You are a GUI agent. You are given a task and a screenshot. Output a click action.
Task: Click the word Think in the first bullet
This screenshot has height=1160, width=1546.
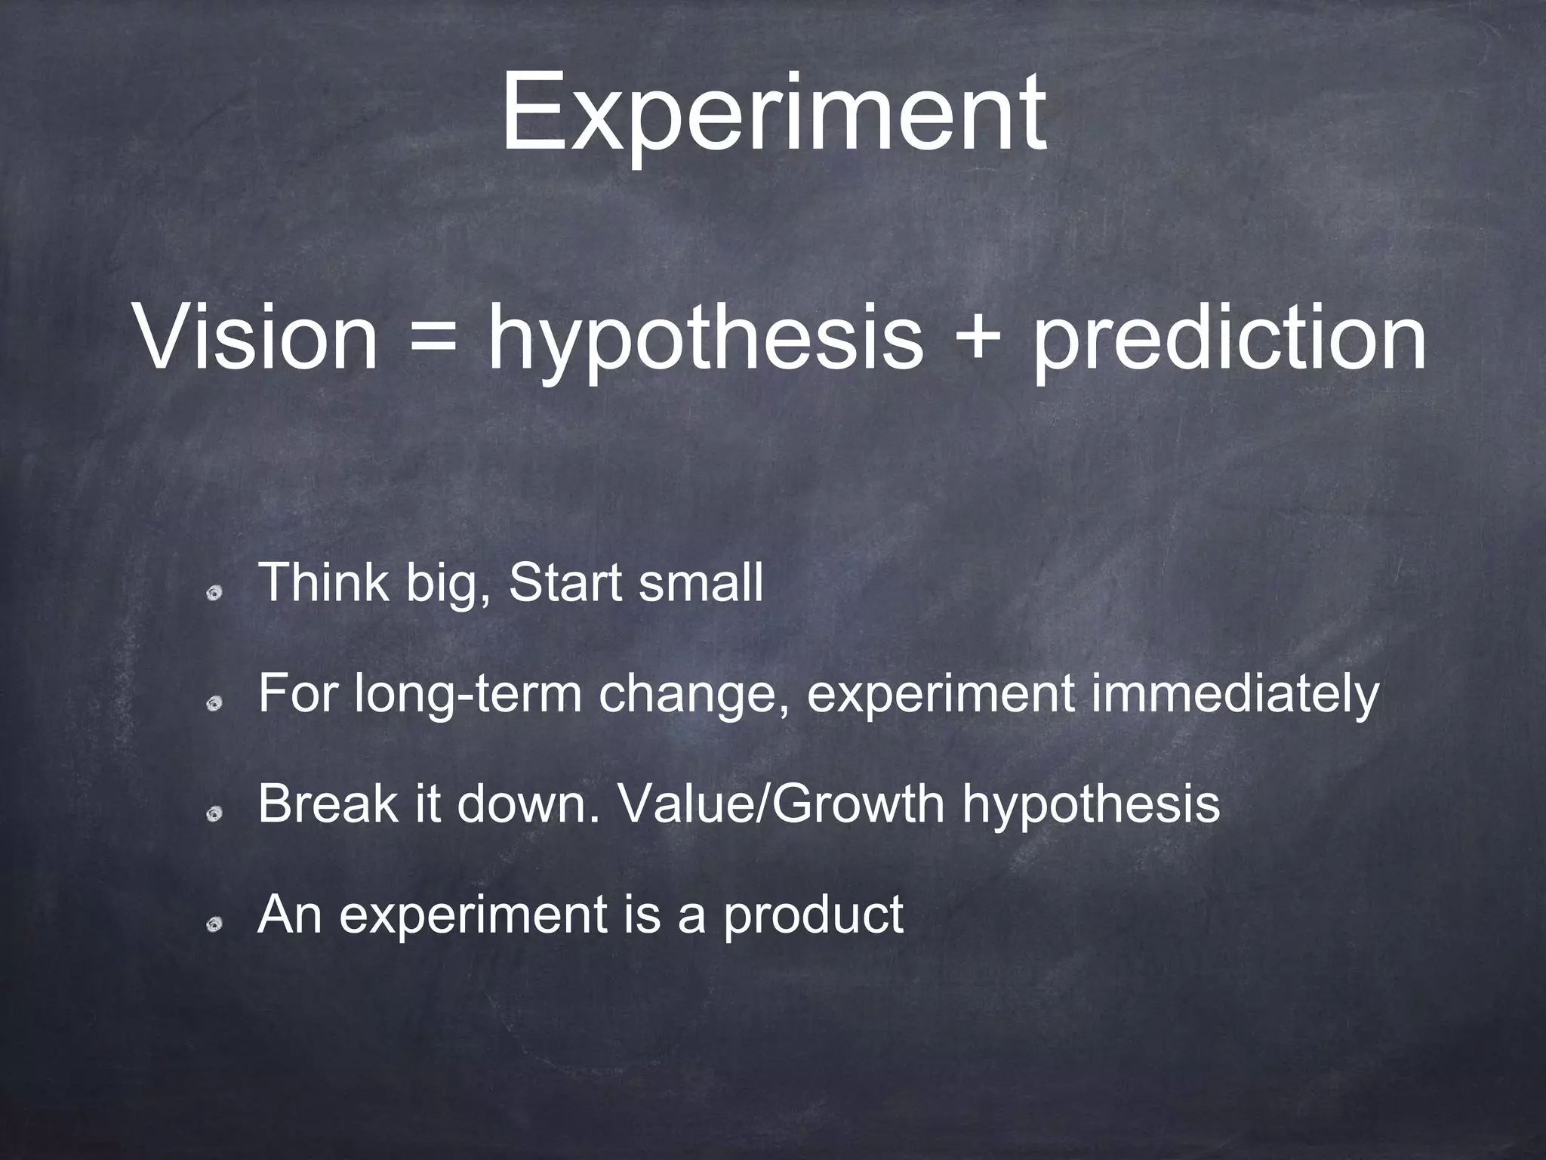coord(324,583)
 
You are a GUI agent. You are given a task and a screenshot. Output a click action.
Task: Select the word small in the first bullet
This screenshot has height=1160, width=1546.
coord(700,583)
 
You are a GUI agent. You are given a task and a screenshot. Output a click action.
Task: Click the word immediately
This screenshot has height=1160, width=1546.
coord(1235,695)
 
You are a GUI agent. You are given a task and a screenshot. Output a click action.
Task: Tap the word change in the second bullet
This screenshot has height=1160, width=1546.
coord(693,695)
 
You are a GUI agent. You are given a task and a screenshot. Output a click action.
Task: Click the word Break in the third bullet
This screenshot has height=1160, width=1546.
coord(326,804)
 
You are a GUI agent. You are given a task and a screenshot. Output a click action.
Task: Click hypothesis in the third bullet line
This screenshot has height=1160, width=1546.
coord(1091,805)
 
